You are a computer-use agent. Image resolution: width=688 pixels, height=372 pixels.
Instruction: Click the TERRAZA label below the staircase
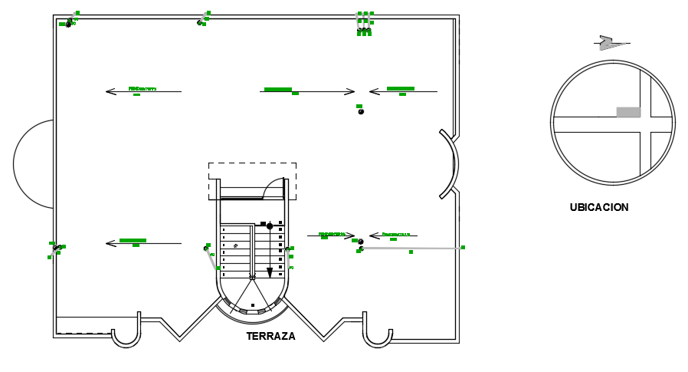(270, 336)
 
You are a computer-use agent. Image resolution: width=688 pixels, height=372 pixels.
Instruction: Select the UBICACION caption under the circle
(599, 207)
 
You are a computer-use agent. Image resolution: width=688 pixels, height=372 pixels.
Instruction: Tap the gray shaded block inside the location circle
(628, 112)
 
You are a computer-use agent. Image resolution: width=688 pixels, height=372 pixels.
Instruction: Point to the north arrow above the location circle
(611, 42)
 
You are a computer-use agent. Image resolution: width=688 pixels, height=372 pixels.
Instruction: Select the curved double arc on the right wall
(450, 163)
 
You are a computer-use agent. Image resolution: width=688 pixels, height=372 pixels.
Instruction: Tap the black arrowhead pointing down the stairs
(270, 272)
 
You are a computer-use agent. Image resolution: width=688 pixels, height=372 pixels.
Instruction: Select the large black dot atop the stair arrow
(270, 226)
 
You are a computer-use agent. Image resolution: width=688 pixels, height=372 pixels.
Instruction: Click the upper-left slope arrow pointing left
(143, 92)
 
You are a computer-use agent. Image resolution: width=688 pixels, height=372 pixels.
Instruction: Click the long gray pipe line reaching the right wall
(412, 248)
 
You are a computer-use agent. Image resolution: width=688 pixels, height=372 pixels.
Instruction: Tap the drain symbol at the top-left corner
(69, 24)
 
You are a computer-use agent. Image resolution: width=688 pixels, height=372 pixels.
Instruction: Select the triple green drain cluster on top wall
(364, 23)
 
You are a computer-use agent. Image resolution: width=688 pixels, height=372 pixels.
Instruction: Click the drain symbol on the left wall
(55, 249)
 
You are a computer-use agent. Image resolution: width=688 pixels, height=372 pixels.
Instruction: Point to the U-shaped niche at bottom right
(377, 336)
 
